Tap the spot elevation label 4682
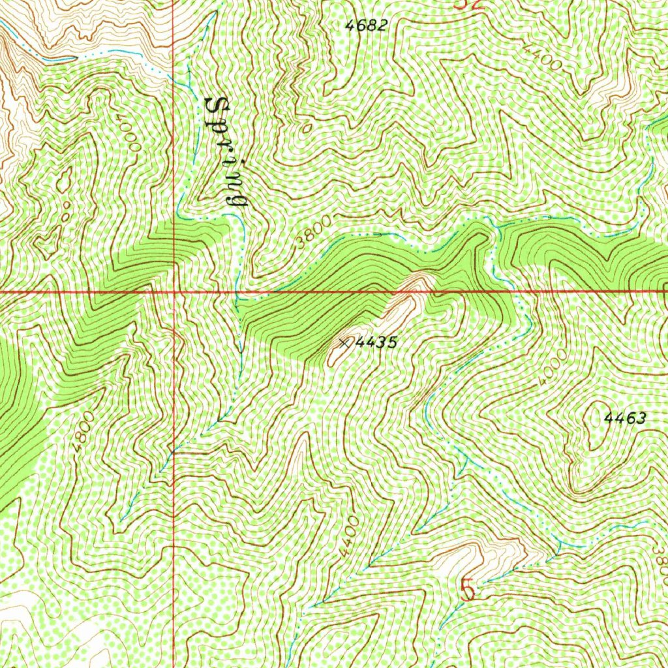click(367, 26)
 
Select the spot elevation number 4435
click(377, 342)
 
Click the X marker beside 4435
click(344, 342)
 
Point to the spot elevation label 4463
click(624, 419)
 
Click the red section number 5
click(467, 590)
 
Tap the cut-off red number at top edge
click(468, 4)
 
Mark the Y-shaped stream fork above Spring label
click(189, 65)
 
